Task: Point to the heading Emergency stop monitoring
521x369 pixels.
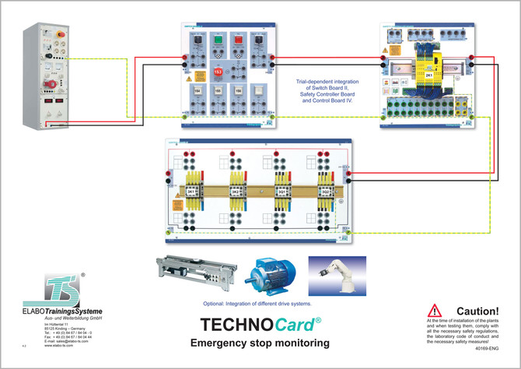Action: click(x=260, y=343)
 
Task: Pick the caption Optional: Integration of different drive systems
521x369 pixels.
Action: click(x=261, y=302)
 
